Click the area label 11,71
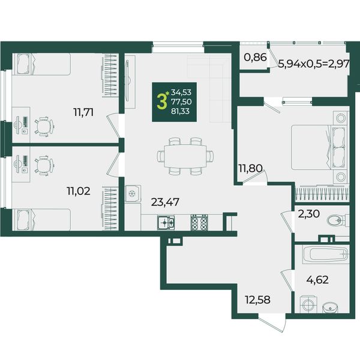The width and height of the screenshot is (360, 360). click(x=83, y=113)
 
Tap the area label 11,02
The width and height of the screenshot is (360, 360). click(x=79, y=191)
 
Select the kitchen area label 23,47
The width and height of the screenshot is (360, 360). click(x=166, y=202)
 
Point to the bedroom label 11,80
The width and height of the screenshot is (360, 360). click(x=250, y=169)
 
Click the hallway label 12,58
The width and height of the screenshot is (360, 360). click(x=257, y=300)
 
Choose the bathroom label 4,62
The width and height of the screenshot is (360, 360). click(x=318, y=280)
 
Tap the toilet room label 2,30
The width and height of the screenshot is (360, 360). click(x=308, y=214)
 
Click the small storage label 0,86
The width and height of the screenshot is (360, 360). click(x=256, y=57)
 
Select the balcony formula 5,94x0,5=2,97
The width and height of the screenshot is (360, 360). click(x=314, y=63)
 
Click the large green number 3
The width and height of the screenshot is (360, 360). click(x=161, y=102)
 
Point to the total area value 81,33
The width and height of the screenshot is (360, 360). click(x=181, y=112)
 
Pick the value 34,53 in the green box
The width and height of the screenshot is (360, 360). click(x=181, y=92)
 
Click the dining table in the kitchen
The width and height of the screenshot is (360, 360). click(x=185, y=156)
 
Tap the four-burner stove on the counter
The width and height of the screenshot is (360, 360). click(x=199, y=223)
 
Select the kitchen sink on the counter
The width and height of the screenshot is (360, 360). click(x=166, y=223)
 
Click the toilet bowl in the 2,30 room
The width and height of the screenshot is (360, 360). click(x=337, y=221)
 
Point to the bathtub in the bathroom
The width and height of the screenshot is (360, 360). click(x=326, y=254)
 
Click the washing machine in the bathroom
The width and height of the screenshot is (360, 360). click(x=308, y=304)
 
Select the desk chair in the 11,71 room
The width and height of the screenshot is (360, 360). click(x=44, y=126)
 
